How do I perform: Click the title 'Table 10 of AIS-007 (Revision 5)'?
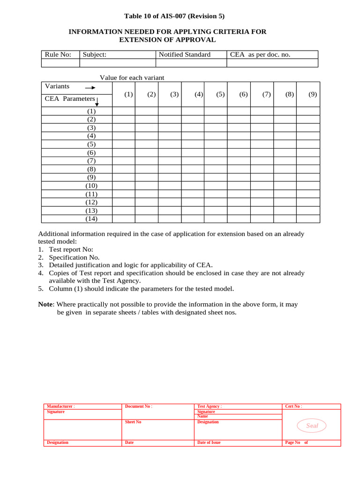coord(174,16)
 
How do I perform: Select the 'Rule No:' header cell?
coord(58,54)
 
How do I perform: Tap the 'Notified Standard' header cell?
coord(185,54)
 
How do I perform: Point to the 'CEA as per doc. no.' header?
coord(260,54)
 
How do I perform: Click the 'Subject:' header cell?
coord(95,54)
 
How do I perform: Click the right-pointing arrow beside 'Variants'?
coord(90,88)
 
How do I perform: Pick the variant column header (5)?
coord(220,94)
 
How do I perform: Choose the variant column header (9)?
coord(313,94)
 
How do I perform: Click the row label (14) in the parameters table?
coord(91,219)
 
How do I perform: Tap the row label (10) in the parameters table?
coord(91,186)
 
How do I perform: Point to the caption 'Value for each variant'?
coord(132,78)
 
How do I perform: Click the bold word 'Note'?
coord(46,304)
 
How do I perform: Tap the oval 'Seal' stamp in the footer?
coord(312,426)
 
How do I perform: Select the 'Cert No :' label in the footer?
coord(294,406)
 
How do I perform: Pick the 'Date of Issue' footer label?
coord(209,442)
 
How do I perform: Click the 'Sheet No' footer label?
coord(133,422)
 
